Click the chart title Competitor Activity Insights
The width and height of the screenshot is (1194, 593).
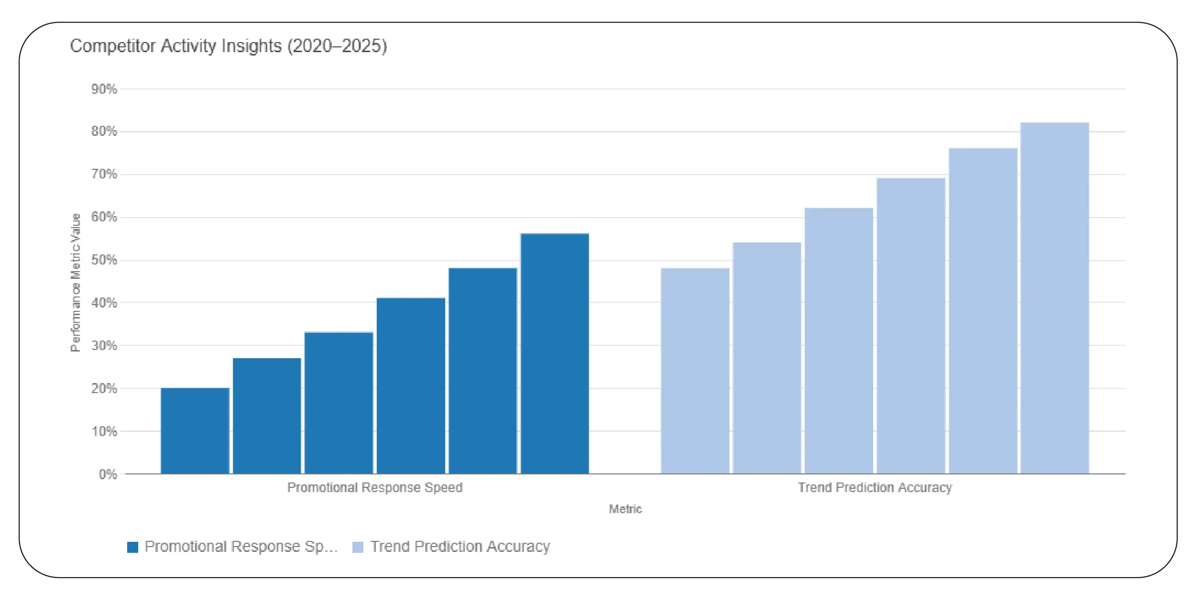pyautogui.click(x=228, y=46)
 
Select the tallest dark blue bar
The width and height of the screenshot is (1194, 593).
pyautogui.click(x=554, y=354)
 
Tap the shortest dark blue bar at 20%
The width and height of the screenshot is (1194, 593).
pyautogui.click(x=195, y=430)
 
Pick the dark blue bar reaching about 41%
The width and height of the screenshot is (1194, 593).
pyautogui.click(x=411, y=385)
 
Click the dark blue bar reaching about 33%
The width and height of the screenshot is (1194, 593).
pyautogui.click(x=339, y=403)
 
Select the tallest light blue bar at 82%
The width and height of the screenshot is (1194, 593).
pyautogui.click(x=1054, y=298)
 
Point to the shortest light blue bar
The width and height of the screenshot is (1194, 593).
pyautogui.click(x=695, y=371)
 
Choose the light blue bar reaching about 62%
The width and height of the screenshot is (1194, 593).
pyautogui.click(x=839, y=340)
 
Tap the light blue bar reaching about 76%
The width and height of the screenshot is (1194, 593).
pyautogui.click(x=983, y=311)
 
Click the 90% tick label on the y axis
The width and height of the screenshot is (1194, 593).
pyautogui.click(x=104, y=89)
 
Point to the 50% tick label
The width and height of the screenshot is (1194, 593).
pyautogui.click(x=104, y=260)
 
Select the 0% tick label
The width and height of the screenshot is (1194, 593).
pyautogui.click(x=108, y=474)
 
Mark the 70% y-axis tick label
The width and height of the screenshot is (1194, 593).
pyautogui.click(x=104, y=174)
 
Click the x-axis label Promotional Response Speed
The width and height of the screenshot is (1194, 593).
pyautogui.click(x=374, y=487)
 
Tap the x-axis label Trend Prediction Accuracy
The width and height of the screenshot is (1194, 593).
pyautogui.click(x=875, y=487)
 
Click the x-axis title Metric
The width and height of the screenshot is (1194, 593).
pyautogui.click(x=625, y=509)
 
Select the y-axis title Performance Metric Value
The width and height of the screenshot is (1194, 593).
pyautogui.click(x=76, y=282)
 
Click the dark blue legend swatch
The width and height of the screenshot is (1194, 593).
pyautogui.click(x=132, y=547)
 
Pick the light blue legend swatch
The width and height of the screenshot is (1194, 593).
pyautogui.click(x=358, y=547)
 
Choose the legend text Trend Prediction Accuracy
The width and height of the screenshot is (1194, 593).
pyautogui.click(x=460, y=547)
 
